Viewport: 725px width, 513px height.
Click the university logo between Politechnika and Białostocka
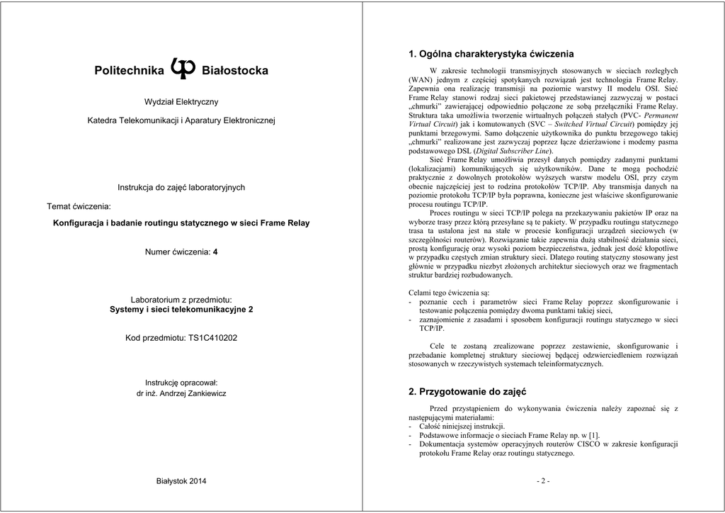(183, 68)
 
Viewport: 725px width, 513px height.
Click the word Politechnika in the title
(129, 71)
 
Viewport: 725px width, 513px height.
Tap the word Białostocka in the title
(235, 71)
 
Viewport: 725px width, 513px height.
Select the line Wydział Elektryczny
(181, 102)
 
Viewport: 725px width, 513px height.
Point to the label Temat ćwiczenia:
(79, 206)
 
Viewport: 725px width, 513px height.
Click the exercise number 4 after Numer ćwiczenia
(215, 252)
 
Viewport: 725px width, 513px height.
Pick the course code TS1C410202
(212, 338)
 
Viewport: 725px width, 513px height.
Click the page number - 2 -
(543, 481)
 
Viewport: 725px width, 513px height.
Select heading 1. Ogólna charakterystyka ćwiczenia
(491, 54)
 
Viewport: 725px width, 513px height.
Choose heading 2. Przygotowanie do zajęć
(467, 391)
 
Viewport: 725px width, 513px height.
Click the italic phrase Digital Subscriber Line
(515, 151)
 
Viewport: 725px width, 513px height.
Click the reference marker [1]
(593, 435)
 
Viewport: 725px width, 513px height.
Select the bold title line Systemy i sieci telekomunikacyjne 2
(181, 310)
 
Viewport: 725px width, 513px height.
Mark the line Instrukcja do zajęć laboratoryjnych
(181, 187)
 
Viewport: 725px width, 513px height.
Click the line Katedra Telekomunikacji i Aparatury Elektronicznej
(181, 121)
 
